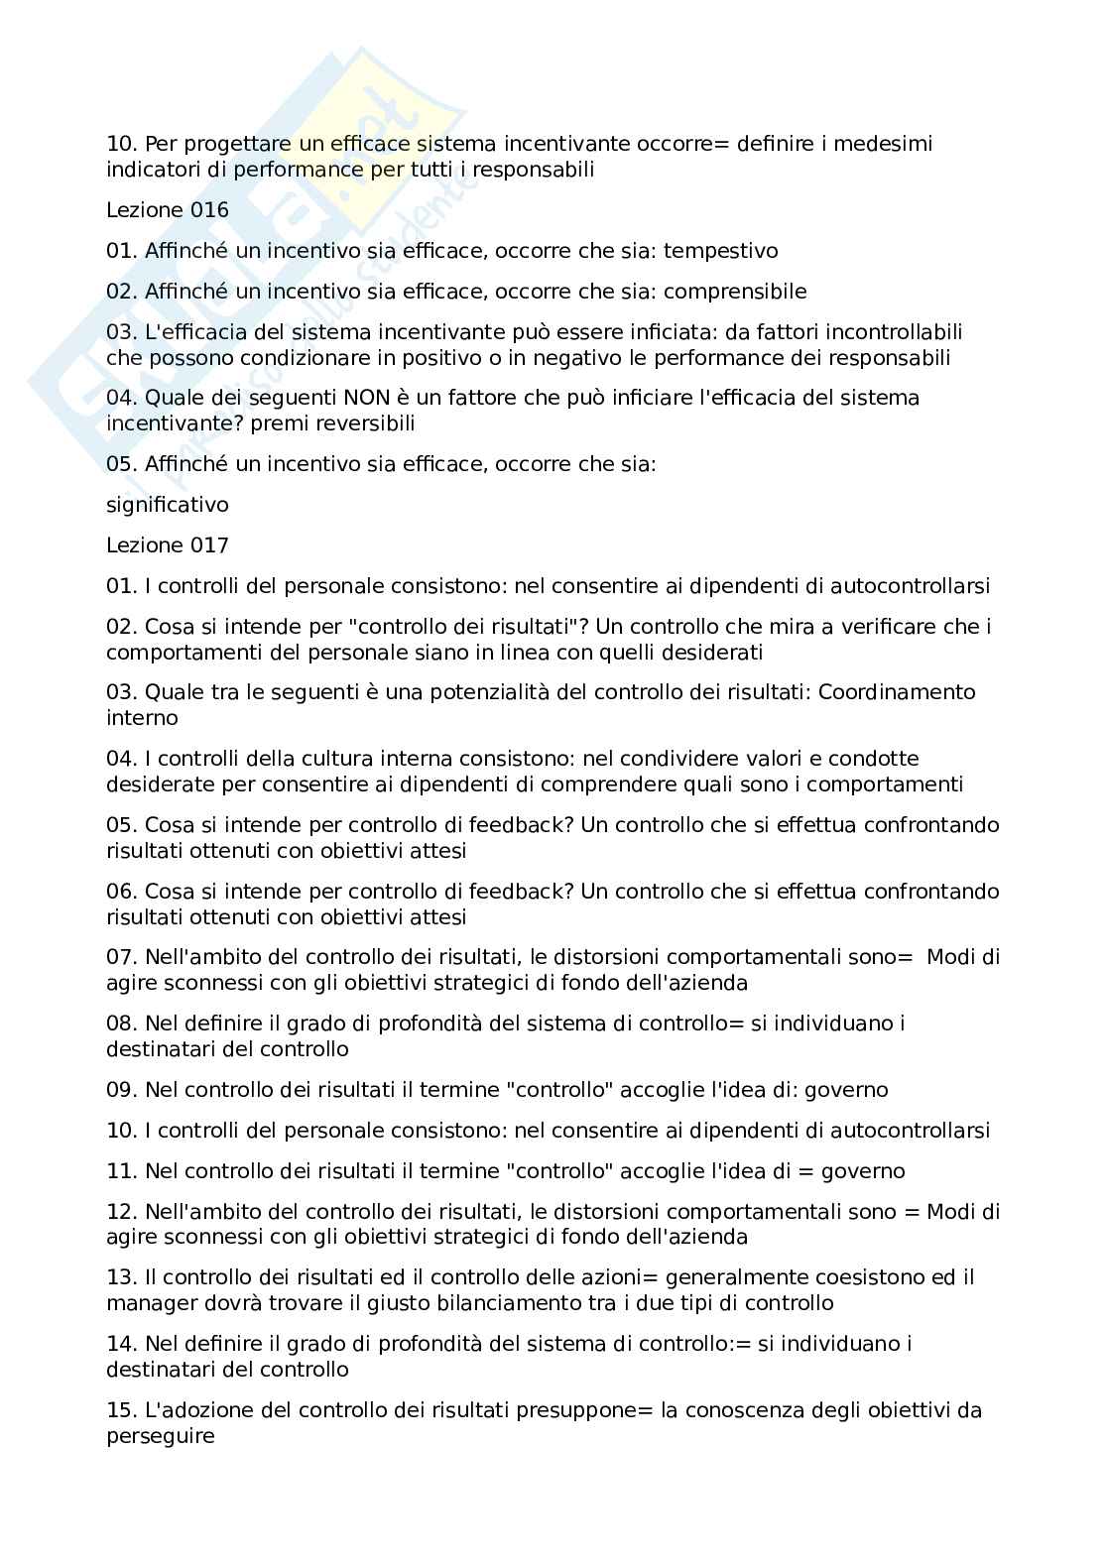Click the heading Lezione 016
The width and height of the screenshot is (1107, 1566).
(167, 210)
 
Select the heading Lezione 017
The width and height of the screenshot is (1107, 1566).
(167, 545)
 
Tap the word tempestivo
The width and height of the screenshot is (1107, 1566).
(720, 251)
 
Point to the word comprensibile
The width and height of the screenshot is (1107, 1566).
(734, 292)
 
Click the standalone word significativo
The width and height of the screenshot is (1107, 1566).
(167, 505)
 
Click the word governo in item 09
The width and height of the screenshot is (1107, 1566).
(845, 1090)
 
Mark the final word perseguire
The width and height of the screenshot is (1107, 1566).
(160, 1436)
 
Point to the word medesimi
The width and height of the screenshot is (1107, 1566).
(883, 144)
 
